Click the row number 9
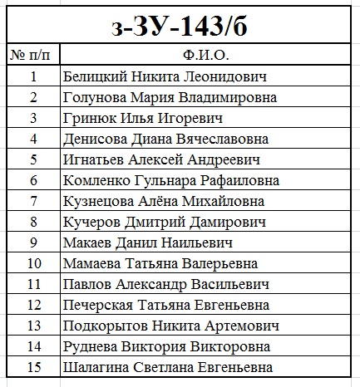(33, 242)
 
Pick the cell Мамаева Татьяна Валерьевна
(160, 263)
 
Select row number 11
(33, 284)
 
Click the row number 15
(33, 367)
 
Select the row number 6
(33, 180)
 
